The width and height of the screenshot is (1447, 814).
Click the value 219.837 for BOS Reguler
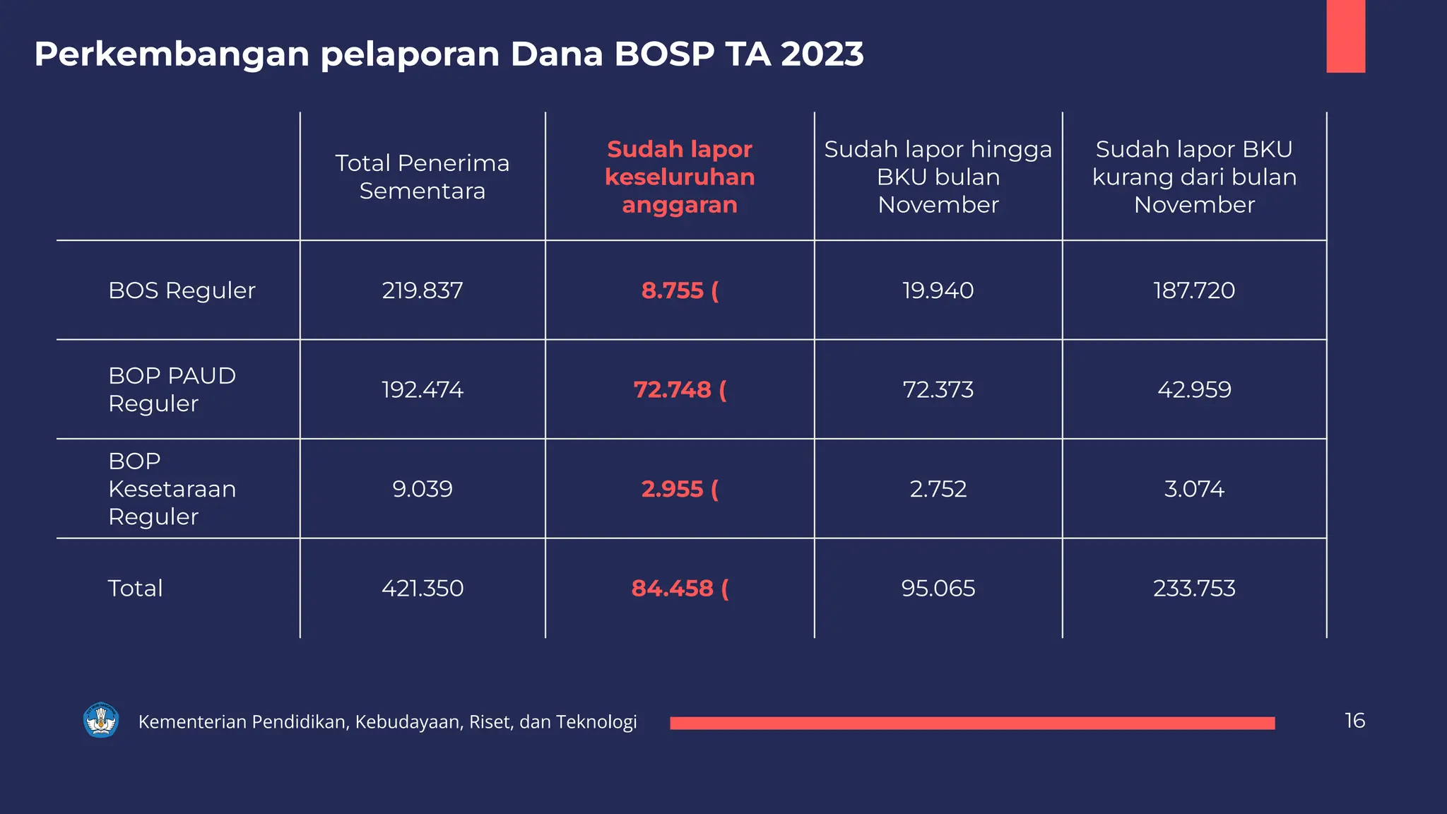tap(423, 290)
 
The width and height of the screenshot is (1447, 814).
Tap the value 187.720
tap(1194, 290)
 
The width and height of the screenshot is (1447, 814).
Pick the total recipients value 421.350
tap(423, 588)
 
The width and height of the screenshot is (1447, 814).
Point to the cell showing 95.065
tap(938, 588)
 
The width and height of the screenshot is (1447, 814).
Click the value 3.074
tap(1194, 488)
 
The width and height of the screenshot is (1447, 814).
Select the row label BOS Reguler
tap(182, 290)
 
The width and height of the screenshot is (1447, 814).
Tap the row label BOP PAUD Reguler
tap(172, 389)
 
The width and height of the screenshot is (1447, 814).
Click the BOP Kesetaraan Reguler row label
tap(172, 488)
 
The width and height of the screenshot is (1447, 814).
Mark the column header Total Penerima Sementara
tap(423, 177)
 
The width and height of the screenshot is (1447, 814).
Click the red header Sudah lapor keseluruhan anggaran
tap(679, 177)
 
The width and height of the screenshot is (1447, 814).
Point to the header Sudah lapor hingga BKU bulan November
tap(938, 177)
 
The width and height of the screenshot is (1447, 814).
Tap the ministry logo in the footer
tap(101, 720)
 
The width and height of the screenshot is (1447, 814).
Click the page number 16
tap(1354, 720)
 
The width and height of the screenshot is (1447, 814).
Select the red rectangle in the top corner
tap(1345, 35)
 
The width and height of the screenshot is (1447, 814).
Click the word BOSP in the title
tap(663, 54)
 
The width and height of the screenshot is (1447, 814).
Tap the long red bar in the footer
tap(972, 723)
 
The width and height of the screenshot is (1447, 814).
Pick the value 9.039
tap(423, 488)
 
